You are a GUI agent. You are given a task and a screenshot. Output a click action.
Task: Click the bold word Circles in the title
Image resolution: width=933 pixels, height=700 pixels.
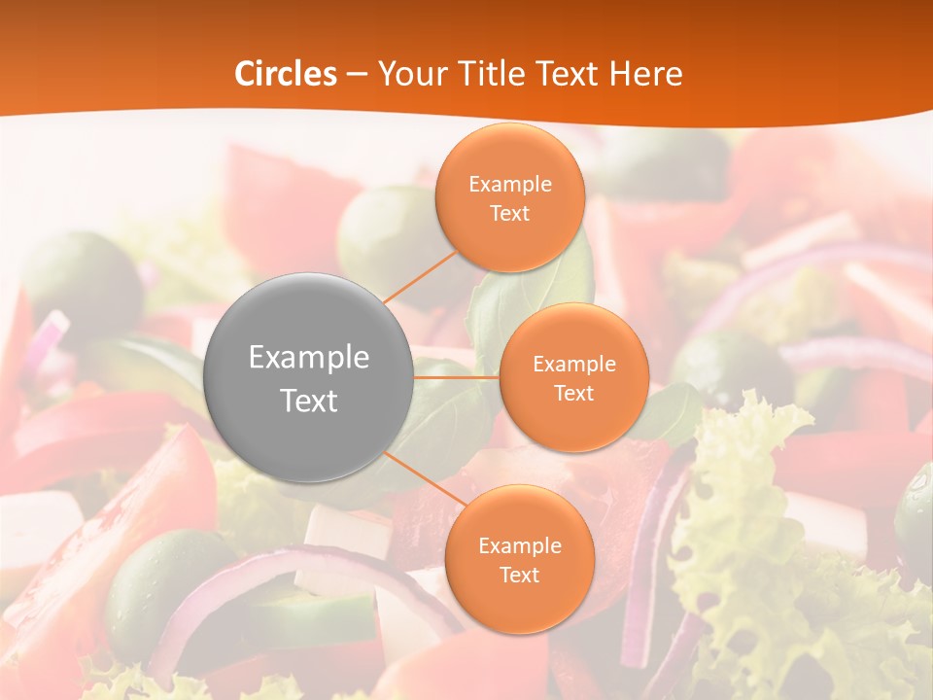click(x=286, y=74)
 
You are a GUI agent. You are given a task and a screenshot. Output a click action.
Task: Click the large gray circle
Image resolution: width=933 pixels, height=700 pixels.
click(x=309, y=377)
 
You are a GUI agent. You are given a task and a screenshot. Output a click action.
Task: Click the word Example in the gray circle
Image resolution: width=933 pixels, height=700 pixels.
click(x=309, y=358)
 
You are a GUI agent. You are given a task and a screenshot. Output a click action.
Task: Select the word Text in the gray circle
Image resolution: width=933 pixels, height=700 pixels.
click(x=309, y=401)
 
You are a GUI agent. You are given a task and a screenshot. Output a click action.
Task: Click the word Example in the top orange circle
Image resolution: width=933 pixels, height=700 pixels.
click(x=510, y=185)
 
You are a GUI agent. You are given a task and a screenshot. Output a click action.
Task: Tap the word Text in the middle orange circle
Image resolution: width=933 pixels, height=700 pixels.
click(x=573, y=393)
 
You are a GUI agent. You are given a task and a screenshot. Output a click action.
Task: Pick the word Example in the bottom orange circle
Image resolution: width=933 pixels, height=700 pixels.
click(x=519, y=546)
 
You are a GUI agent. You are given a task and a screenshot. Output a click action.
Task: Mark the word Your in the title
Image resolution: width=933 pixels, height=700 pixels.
click(x=408, y=74)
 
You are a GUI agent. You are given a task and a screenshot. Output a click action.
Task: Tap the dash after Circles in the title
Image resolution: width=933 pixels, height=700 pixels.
click(x=357, y=74)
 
